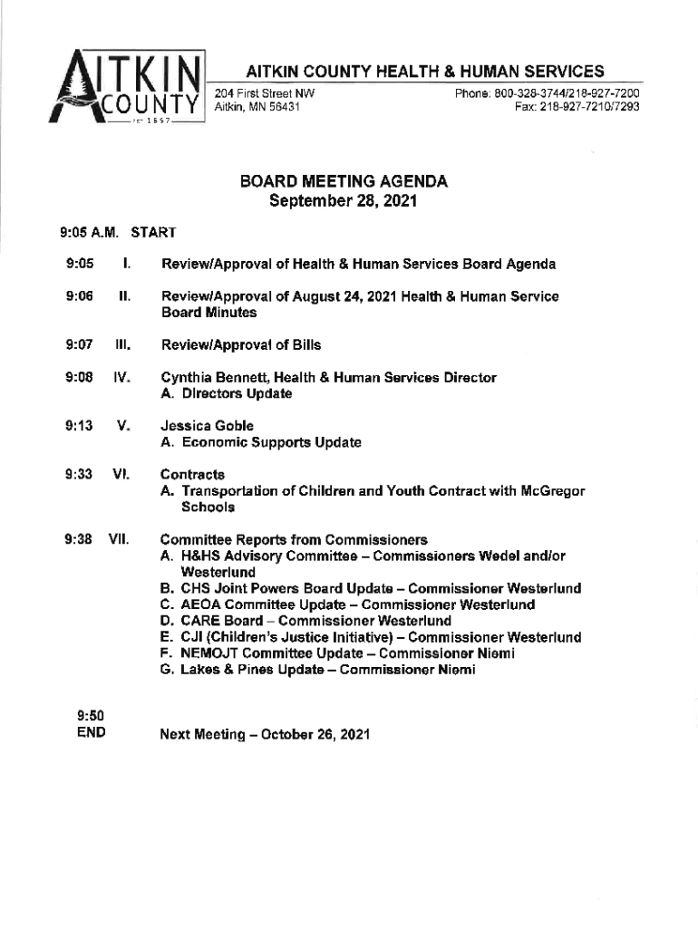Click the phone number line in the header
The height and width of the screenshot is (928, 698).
[548, 93]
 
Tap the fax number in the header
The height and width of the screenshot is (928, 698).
[577, 107]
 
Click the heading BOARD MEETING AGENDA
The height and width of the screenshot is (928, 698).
[344, 182]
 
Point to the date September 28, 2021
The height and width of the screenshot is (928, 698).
[344, 201]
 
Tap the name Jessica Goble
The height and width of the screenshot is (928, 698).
[207, 426]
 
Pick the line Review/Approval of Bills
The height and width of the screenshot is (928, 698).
[240, 344]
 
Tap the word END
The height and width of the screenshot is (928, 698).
[91, 731]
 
